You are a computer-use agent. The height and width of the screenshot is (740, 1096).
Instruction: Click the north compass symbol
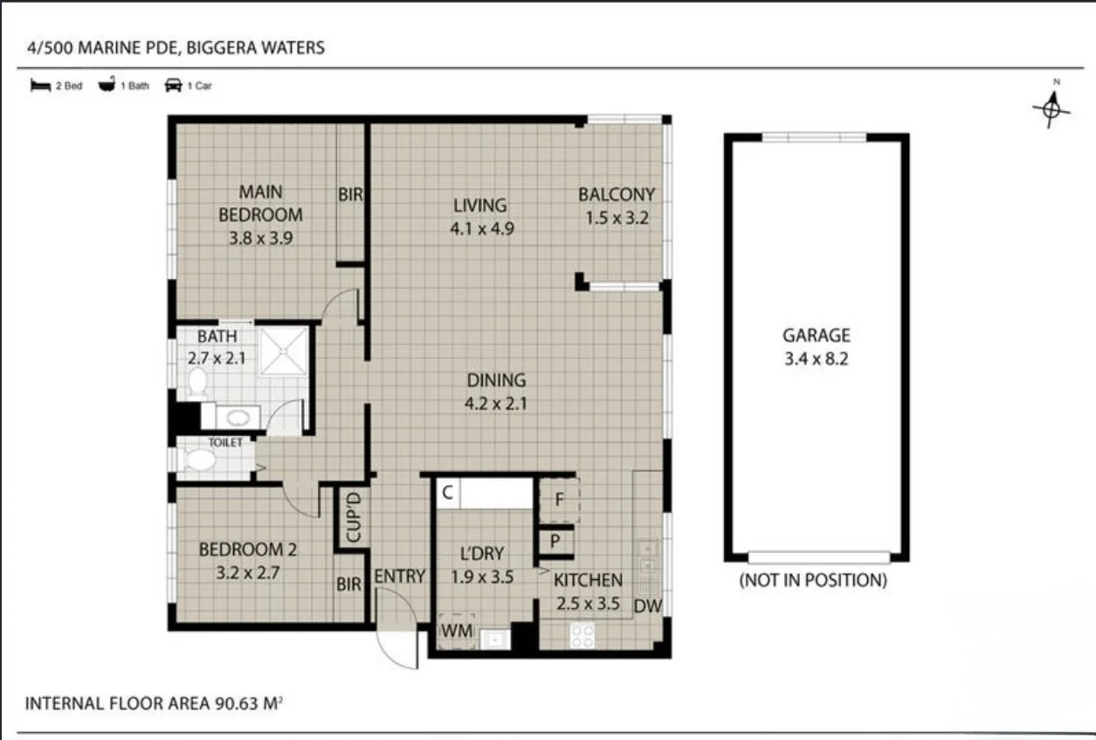point(1052,107)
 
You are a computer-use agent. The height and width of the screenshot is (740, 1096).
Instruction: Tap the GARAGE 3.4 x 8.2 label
point(816,346)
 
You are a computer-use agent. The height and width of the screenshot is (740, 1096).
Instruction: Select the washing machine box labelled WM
point(456,630)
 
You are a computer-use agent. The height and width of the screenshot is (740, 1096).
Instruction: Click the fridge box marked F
point(559,501)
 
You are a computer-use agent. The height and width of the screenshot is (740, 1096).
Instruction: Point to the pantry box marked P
point(555,540)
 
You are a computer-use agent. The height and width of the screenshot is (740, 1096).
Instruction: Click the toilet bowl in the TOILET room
point(200,461)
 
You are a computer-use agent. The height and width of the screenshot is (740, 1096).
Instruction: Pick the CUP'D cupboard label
point(354,518)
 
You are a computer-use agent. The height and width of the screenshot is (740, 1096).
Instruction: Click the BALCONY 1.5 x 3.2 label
point(616,206)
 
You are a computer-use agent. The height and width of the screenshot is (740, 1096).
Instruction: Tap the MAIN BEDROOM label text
point(260,203)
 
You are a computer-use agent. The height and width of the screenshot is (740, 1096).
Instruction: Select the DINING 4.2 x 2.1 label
point(496,391)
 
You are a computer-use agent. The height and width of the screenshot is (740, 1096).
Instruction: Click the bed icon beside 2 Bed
point(40,86)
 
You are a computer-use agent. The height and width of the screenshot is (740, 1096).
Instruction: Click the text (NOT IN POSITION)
point(812,580)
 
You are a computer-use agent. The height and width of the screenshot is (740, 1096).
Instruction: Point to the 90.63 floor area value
point(240,703)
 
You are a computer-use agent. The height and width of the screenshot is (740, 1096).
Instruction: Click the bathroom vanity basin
point(233,417)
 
